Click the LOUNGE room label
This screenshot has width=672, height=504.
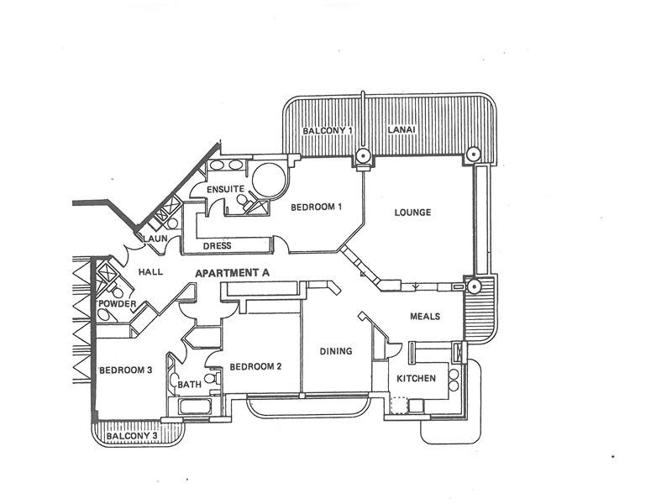coord(412,213)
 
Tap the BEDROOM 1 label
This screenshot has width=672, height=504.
coord(317,207)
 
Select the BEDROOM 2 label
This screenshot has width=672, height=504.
coord(255,367)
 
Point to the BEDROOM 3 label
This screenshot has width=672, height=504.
coord(125,370)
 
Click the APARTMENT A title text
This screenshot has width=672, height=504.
coord(233,273)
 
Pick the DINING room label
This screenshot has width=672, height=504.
coord(336,351)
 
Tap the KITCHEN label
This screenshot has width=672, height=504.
coord(416,379)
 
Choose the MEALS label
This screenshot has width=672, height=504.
coord(425,317)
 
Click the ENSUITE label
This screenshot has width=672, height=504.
coord(225,189)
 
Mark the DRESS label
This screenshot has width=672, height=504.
coord(218,246)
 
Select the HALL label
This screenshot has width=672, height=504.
coord(150,271)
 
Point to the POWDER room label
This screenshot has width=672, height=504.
coord(117,304)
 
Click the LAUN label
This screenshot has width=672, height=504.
coord(155,239)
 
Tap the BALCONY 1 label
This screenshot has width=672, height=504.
coord(328,130)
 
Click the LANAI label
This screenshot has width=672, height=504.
coord(402,129)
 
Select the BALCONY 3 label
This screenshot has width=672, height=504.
coord(132,436)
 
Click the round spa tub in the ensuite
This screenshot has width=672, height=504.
coord(269,180)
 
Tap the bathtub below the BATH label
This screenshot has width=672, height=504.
coord(195,407)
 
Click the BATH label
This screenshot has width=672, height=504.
coord(190,385)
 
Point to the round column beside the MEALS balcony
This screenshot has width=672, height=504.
coord(474,286)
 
